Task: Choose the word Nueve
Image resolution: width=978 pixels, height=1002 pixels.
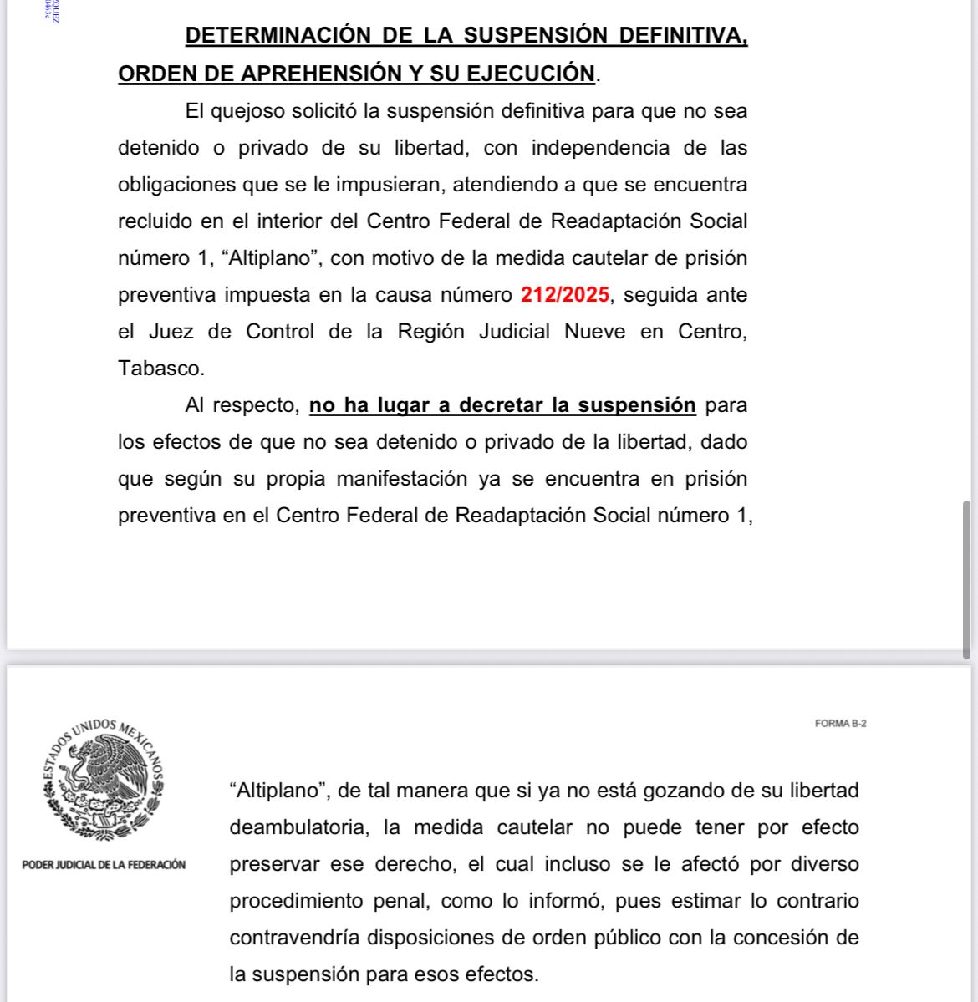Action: (x=594, y=332)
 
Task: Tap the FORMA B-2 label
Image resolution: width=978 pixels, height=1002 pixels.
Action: (x=840, y=724)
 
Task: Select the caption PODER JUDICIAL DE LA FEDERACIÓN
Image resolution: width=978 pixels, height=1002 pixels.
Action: (x=104, y=865)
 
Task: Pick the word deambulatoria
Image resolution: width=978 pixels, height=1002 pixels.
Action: (x=298, y=827)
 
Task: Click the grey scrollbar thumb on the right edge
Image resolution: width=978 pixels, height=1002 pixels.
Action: (x=969, y=579)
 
